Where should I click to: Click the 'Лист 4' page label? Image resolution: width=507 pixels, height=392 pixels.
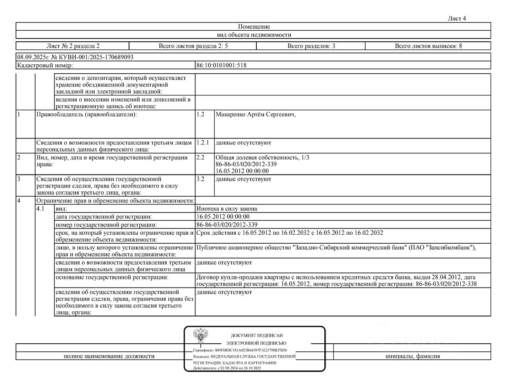click(457, 18)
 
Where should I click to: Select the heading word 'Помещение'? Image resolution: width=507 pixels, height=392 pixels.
click(254, 27)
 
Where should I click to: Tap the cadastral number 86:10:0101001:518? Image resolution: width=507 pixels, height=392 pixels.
click(222, 65)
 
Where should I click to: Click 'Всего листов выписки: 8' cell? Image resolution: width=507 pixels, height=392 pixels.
click(428, 46)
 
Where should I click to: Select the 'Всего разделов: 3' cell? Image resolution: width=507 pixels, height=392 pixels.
click(311, 46)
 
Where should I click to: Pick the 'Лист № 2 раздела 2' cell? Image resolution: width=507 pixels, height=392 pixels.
click(73, 46)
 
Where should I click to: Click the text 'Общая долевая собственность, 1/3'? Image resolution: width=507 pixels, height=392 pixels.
click(263, 158)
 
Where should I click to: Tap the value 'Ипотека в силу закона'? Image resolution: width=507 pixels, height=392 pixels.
click(227, 208)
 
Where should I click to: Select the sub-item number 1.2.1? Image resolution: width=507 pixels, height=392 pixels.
click(203, 143)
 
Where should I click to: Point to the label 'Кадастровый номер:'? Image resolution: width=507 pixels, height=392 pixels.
click(45, 65)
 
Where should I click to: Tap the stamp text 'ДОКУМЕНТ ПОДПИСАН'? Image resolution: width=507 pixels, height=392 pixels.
click(256, 335)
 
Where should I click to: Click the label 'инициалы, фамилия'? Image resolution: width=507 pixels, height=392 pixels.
click(412, 356)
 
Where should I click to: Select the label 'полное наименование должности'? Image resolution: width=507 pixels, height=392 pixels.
click(109, 356)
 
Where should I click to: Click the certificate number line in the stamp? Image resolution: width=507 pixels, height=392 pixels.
click(240, 350)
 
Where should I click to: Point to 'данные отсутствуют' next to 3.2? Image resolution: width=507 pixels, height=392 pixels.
click(243, 179)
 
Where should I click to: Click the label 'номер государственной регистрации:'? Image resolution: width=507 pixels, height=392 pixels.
click(106, 225)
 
